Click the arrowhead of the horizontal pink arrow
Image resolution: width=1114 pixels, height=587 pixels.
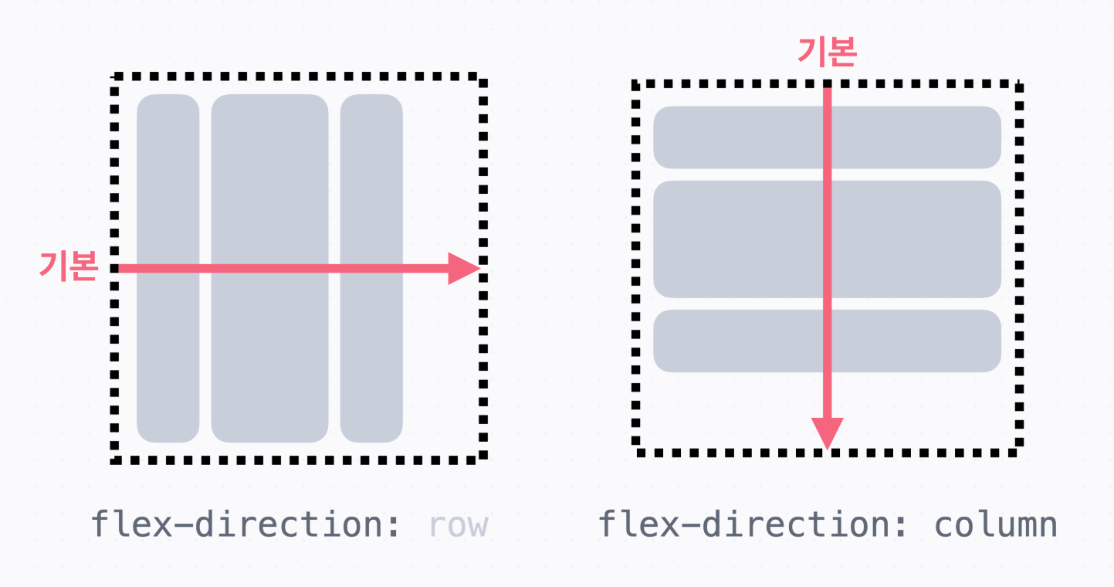pos(466,269)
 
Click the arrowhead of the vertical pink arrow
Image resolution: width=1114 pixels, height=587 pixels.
pos(827,433)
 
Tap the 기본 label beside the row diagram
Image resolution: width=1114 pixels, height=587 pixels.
pos(68,266)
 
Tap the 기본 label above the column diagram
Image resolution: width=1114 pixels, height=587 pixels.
pos(827,53)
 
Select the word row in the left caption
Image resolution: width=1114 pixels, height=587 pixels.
pos(459,525)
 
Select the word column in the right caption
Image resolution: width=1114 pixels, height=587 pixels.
pos(995,525)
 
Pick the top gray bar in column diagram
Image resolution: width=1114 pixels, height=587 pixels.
pos(741,137)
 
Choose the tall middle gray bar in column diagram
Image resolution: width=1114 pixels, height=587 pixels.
pos(741,239)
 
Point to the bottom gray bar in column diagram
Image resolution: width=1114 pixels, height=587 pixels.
pos(741,341)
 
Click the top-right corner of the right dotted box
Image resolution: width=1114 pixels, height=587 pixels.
pos(1018,84)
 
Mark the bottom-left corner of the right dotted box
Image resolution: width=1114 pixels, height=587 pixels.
pos(637,451)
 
